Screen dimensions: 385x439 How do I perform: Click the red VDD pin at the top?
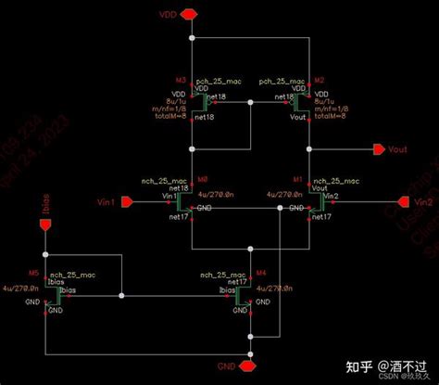click(190, 14)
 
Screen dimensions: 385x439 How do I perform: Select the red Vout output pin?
click(379, 149)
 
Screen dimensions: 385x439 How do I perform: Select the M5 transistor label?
click(33, 275)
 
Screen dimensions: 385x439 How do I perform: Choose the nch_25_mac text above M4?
click(222, 276)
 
